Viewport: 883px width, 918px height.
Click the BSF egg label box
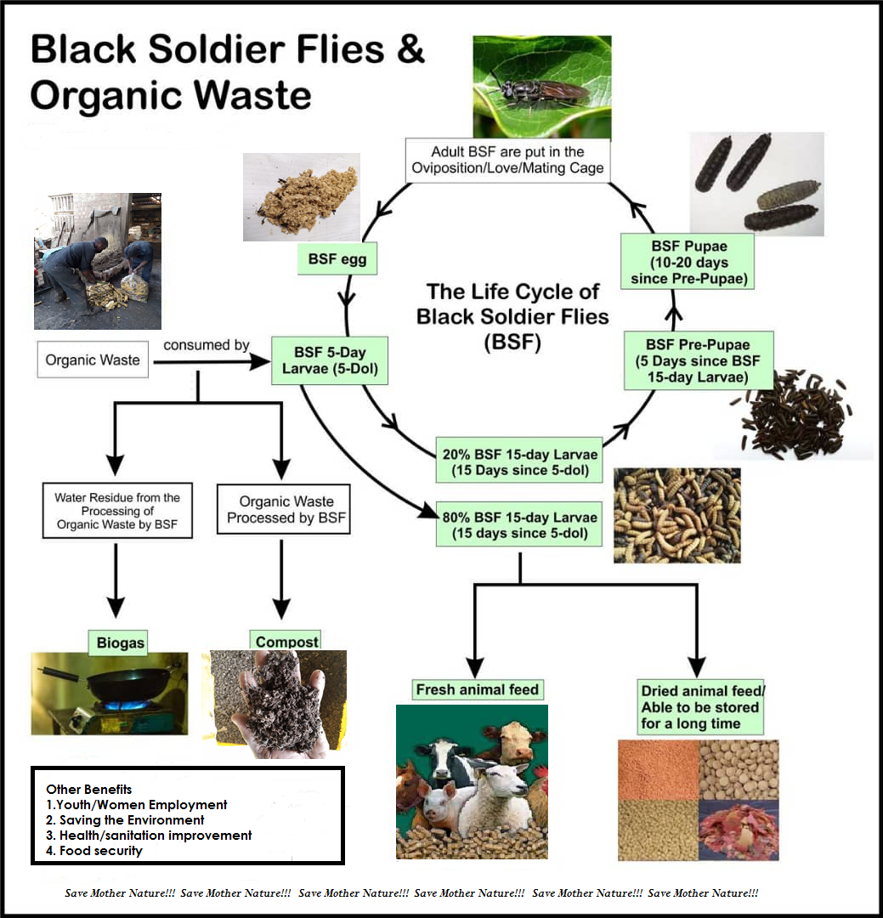coord(337,258)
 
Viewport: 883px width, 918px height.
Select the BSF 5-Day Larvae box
coord(330,360)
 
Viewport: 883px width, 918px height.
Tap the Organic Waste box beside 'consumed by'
coord(93,360)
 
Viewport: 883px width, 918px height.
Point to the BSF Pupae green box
coord(688,262)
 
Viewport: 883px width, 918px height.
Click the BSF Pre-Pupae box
coord(698,360)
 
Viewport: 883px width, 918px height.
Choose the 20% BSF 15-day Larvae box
coord(519,462)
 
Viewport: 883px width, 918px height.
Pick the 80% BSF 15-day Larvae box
coord(519,524)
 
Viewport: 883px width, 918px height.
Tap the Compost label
coord(286,641)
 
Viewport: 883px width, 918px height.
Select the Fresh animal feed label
coord(478,689)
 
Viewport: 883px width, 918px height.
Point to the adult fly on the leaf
coord(540,89)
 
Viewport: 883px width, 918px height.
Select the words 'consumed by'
coord(207,345)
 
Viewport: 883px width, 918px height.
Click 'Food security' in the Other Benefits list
coord(101,851)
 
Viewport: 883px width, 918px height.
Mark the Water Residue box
coord(117,511)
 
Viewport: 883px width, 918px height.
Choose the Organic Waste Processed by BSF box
coord(284,509)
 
